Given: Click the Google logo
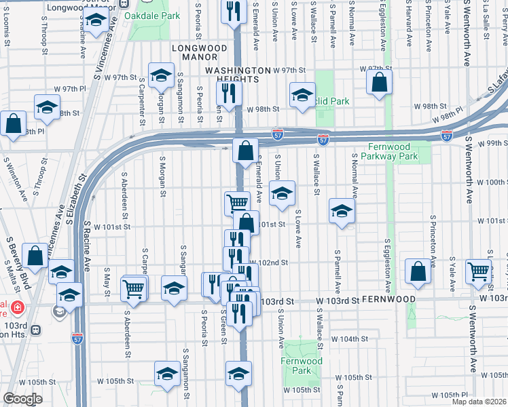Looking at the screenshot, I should click(x=22, y=399).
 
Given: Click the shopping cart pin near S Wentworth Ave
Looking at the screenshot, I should click(x=479, y=271).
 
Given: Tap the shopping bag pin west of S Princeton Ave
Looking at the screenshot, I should click(x=418, y=271).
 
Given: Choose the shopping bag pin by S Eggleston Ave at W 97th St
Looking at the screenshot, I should click(x=380, y=82).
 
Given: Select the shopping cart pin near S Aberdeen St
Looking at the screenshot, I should click(x=134, y=288).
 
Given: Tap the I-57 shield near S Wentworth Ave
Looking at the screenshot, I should click(x=446, y=136).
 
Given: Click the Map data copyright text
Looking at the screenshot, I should click(x=479, y=400).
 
